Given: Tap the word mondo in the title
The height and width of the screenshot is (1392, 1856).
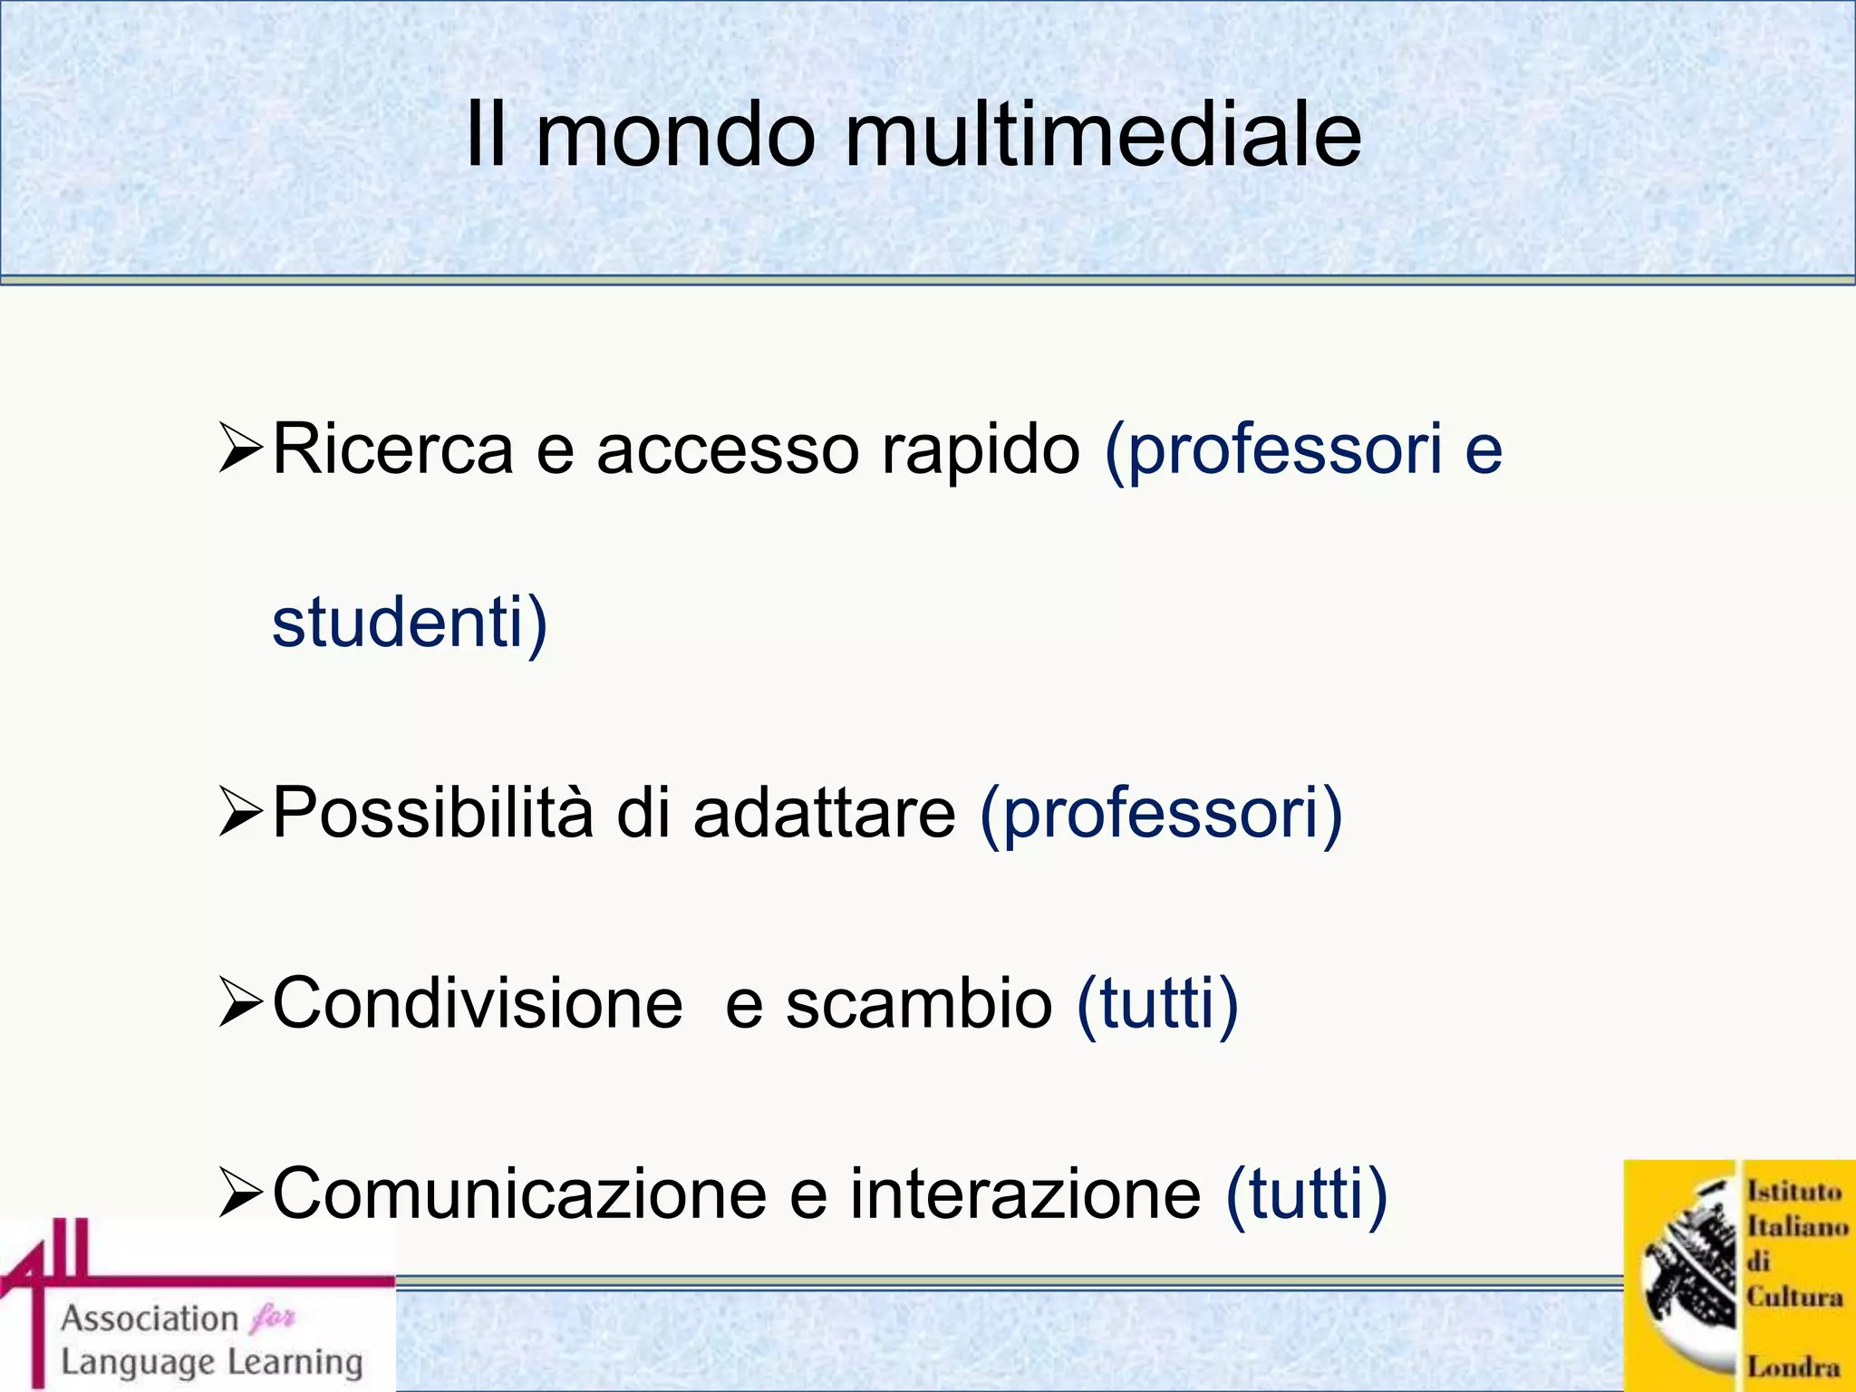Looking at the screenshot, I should (676, 136).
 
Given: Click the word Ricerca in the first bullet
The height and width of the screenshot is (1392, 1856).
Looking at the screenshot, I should (392, 449).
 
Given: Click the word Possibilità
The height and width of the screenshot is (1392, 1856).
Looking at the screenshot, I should (432, 813).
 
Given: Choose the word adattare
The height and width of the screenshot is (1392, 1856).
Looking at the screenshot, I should (824, 813).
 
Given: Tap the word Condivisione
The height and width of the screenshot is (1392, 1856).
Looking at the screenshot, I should (478, 1004).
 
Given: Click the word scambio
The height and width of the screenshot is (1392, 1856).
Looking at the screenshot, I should (918, 1004).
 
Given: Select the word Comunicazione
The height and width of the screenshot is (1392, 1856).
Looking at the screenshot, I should (519, 1194).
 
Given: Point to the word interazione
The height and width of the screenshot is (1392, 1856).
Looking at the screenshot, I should (1025, 1194).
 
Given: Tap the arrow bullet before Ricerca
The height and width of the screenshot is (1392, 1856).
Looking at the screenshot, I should (241, 450).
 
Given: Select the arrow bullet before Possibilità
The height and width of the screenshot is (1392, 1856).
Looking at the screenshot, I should (241, 813).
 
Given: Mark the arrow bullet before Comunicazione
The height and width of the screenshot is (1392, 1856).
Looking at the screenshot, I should (241, 1194).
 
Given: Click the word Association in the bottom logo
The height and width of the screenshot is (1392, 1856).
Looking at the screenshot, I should (150, 1319).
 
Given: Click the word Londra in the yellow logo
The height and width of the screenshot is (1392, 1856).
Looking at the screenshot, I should (1793, 1366).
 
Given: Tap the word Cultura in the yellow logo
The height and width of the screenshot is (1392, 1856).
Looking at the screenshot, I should (1794, 1297).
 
